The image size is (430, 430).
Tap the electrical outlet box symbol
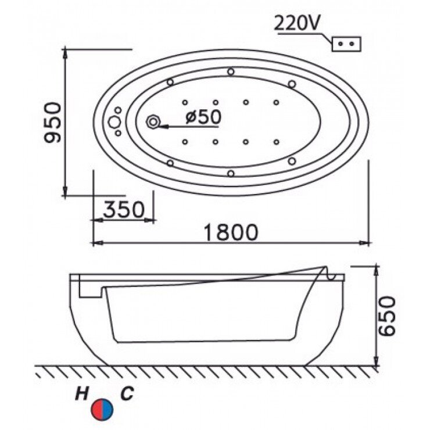pyautogui.click(x=346, y=44)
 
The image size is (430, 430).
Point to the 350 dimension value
pyautogui.click(x=123, y=209)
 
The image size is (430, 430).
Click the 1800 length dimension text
pyautogui.click(x=231, y=232)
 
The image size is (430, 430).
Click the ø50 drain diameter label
pyautogui.click(x=203, y=117)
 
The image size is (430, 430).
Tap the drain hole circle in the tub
pyautogui.click(x=154, y=122)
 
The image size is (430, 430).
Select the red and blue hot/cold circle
pyautogui.click(x=105, y=409)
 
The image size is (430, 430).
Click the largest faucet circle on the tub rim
pyautogui.click(x=113, y=122)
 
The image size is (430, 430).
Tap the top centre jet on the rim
pyautogui.click(x=231, y=72)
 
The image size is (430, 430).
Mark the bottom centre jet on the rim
pyautogui.click(x=231, y=173)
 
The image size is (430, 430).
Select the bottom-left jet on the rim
pyautogui.click(x=170, y=163)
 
